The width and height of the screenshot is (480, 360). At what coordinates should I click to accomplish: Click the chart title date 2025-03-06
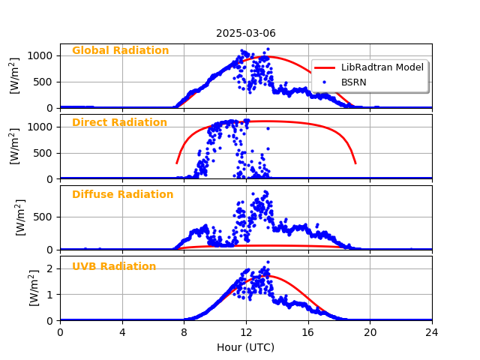(x=246, y=33)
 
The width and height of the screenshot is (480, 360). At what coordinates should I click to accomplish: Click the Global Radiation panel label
(x=120, y=51)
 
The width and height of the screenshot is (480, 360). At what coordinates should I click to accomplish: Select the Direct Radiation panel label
(x=119, y=123)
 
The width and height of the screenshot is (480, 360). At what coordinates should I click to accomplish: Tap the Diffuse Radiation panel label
(x=122, y=195)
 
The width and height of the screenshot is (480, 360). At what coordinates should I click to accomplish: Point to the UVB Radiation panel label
(x=114, y=267)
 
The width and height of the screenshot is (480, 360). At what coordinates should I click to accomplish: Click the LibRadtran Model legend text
(x=382, y=67)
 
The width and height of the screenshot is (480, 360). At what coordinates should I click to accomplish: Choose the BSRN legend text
(x=354, y=82)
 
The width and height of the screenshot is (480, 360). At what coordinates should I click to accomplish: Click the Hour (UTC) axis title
(x=245, y=347)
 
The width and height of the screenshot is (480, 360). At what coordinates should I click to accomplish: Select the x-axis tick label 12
(x=246, y=331)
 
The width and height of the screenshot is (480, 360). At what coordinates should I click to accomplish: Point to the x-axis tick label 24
(x=432, y=331)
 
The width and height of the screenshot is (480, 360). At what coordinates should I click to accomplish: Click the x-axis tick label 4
(x=122, y=331)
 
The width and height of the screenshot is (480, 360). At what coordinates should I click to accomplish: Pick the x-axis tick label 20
(x=370, y=331)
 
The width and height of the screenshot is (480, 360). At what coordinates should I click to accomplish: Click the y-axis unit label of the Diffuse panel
(x=21, y=217)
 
